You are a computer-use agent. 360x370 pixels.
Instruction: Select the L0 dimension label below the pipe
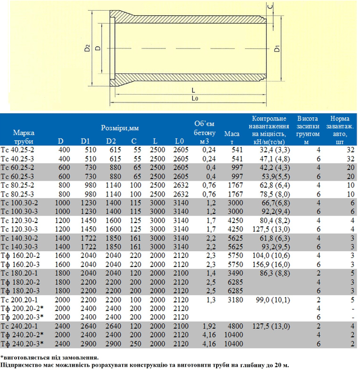[x=195, y=99]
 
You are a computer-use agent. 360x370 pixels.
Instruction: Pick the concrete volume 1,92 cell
[x=209, y=326]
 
